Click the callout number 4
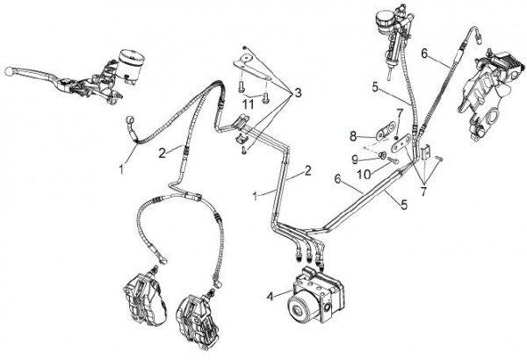pos(270,297)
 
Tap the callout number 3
pos(298,93)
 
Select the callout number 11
pos(248,104)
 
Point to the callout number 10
pos(364,174)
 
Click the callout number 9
pos(355,159)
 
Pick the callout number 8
pos(353,136)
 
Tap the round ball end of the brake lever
pos(9,71)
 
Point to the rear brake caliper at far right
pos(489,94)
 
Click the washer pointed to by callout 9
pos(382,155)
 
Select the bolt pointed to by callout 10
pos(393,161)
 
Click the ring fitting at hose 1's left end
pos(130,119)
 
